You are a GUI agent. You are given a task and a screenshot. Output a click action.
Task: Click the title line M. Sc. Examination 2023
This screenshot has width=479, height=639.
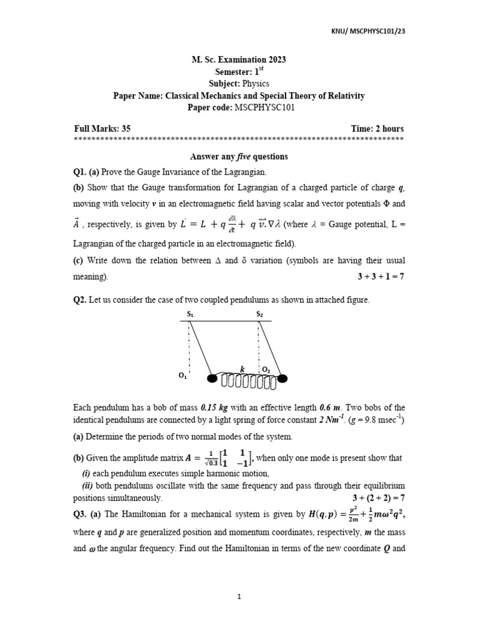(x=239, y=60)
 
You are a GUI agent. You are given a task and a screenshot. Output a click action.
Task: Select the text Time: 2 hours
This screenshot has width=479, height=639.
(x=377, y=129)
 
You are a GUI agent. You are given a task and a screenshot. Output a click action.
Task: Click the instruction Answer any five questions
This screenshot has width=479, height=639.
(x=239, y=157)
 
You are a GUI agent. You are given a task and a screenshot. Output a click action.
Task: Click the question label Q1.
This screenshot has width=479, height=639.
(x=82, y=172)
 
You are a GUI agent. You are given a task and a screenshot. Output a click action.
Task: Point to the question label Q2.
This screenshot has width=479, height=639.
(x=81, y=300)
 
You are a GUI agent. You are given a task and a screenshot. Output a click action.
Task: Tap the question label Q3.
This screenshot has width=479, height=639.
(x=81, y=514)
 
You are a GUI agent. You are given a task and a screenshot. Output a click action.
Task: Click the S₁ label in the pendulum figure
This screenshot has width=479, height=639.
(x=190, y=315)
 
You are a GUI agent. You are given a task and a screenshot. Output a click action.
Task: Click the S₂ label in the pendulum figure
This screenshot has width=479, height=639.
(x=259, y=315)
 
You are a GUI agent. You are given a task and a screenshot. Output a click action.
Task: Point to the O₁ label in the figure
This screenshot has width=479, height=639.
(x=183, y=376)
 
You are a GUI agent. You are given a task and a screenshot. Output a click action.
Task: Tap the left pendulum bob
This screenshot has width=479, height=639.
(x=212, y=378)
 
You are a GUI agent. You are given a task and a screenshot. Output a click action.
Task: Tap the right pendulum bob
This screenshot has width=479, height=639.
(x=283, y=378)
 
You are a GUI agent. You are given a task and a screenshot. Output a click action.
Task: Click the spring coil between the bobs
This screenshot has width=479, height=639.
(x=247, y=379)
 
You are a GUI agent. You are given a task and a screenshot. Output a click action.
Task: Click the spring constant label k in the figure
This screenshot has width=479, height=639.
(x=243, y=369)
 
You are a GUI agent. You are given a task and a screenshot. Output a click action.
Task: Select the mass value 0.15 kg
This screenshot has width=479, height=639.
(x=221, y=407)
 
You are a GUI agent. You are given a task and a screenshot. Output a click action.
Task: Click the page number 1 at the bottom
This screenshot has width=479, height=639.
(x=239, y=597)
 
